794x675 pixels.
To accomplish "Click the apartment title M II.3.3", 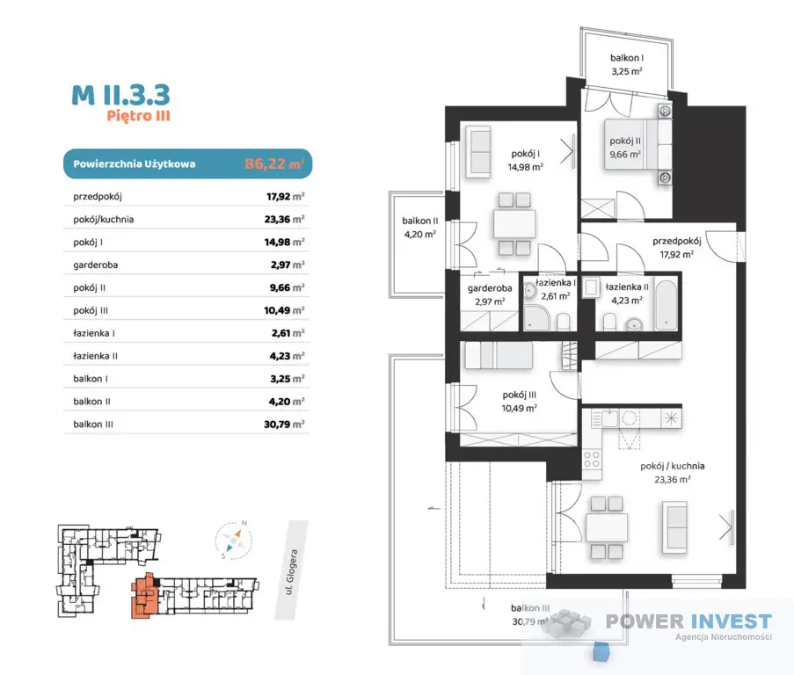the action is [x=120, y=95].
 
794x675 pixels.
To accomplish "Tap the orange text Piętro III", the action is [x=138, y=116].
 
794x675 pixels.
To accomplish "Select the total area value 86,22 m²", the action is [x=274, y=163].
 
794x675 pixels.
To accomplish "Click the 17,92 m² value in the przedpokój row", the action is [x=285, y=196].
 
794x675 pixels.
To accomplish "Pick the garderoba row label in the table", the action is [x=96, y=265].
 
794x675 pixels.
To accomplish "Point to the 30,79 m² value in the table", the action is [x=284, y=424].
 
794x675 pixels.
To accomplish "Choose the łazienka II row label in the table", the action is [x=95, y=356].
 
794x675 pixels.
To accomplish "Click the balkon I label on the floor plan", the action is [x=627, y=58].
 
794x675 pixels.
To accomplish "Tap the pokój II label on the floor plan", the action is [x=625, y=141].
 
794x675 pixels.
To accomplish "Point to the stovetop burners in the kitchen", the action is [x=592, y=460].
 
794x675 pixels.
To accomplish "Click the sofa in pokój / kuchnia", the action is [x=674, y=526].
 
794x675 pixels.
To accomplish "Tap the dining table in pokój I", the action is [x=514, y=224].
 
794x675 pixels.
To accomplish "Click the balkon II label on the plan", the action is [x=419, y=221].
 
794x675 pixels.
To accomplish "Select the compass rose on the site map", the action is [x=233, y=540].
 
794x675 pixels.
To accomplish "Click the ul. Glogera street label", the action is [x=291, y=571].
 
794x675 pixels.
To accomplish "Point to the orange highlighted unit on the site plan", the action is [x=144, y=596].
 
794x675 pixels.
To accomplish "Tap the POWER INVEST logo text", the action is [x=688, y=621].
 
